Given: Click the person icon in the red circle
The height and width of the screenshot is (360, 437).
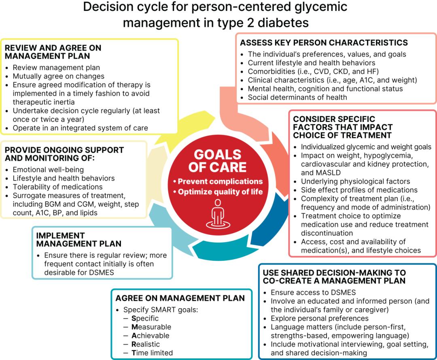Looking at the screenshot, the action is (218, 213).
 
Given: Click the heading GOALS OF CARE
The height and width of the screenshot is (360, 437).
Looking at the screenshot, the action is (217, 161).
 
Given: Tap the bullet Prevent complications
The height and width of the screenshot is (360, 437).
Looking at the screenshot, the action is (218, 181).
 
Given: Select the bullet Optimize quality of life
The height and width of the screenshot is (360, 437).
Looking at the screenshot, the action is (218, 192).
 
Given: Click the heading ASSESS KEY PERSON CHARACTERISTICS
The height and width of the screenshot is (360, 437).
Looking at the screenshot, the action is (324, 43).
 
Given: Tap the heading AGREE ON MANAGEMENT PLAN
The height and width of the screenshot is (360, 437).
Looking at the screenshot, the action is (180, 298).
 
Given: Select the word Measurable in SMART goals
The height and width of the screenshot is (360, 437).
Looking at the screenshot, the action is (151, 327).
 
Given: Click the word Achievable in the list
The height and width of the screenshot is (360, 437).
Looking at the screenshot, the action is (150, 335).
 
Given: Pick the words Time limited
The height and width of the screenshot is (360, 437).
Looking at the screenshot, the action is (152, 353).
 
